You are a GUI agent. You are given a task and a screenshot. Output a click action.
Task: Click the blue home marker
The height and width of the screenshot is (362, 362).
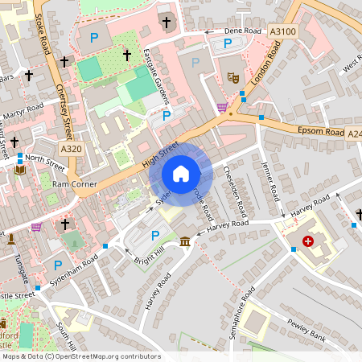tap(181, 173)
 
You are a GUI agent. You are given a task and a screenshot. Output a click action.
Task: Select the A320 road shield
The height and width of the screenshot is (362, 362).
tap(71, 148)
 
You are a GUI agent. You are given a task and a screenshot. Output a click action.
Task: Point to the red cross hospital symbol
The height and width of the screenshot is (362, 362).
tap(307, 241)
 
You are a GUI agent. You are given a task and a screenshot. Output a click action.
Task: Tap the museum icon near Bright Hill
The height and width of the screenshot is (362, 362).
tap(186, 241)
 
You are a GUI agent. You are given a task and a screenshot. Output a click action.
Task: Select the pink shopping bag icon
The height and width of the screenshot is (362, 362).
tap(36, 228)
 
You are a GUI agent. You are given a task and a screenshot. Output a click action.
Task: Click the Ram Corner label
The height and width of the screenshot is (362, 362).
tap(74, 184)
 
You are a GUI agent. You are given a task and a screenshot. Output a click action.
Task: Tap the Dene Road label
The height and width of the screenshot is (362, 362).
tap(243, 31)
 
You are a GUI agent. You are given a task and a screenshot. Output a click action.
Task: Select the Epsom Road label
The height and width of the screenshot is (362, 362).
tap(320, 131)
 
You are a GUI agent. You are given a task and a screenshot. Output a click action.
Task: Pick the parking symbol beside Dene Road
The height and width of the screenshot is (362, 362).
tap(228, 43)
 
